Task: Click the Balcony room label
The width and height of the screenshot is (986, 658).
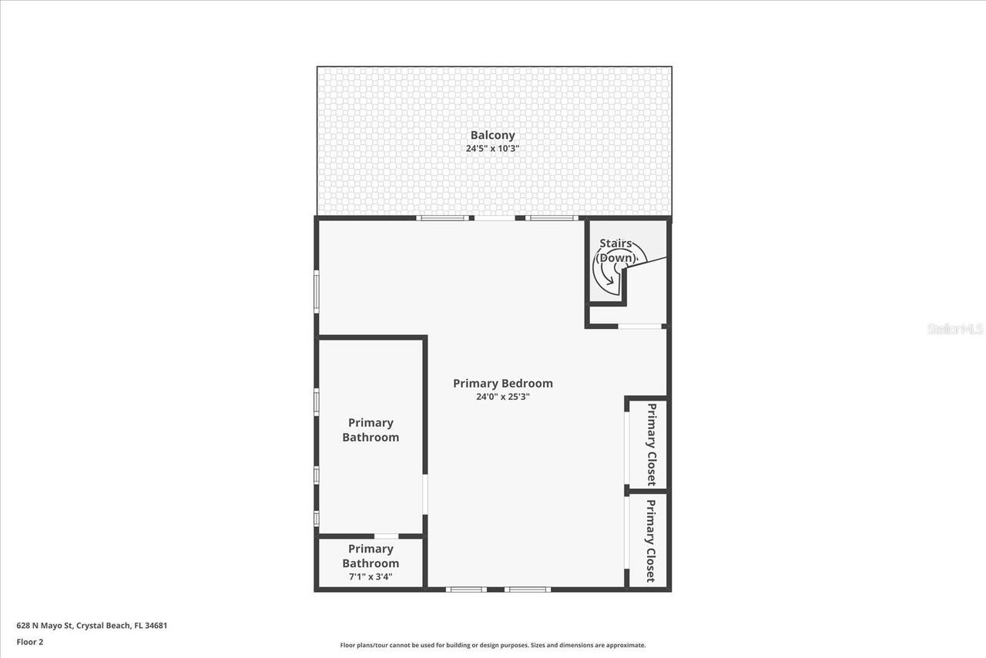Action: [x=492, y=136]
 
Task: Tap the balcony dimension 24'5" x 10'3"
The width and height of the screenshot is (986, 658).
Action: [x=492, y=149]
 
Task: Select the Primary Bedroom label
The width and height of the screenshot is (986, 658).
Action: [x=502, y=383]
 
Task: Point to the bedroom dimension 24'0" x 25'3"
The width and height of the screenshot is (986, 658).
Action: [x=502, y=398]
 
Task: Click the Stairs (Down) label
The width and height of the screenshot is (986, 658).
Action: [x=617, y=250]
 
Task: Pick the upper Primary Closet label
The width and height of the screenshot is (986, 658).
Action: [x=652, y=444]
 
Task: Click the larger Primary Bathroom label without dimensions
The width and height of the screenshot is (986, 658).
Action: [x=371, y=430]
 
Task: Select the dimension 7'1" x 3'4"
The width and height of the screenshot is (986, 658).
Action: [x=371, y=576]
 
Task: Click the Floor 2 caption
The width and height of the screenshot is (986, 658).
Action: [x=30, y=641]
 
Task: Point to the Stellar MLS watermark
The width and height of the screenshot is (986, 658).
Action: [x=955, y=329]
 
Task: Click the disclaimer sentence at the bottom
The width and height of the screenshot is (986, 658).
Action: [x=493, y=645]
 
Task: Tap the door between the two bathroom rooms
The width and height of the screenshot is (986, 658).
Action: [x=386, y=535]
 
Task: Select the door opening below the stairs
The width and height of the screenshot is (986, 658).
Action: [x=640, y=326]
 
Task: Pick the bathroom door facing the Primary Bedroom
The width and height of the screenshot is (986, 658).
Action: [x=424, y=494]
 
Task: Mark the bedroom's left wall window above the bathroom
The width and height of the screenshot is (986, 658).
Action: [x=317, y=291]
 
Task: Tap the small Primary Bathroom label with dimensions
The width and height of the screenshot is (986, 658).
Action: [x=371, y=556]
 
